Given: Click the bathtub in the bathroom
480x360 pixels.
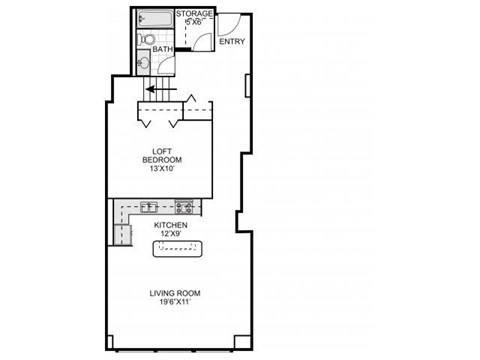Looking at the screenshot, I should tap(155, 19).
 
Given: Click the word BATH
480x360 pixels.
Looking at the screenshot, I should tap(163, 47).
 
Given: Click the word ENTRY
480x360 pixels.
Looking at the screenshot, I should tap(231, 41).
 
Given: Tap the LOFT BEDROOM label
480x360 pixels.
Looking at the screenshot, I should tap(160, 154).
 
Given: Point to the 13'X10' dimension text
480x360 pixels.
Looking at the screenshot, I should tap(160, 169).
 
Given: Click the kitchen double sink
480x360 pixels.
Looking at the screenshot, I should tap(148, 207).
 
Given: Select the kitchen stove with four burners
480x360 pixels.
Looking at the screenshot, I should tap(185, 207).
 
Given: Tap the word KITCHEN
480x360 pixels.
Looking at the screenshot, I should tap(171, 226).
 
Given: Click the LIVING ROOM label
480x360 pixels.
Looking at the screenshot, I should tap(175, 293).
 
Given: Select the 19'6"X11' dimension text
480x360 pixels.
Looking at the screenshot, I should tap(175, 304).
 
